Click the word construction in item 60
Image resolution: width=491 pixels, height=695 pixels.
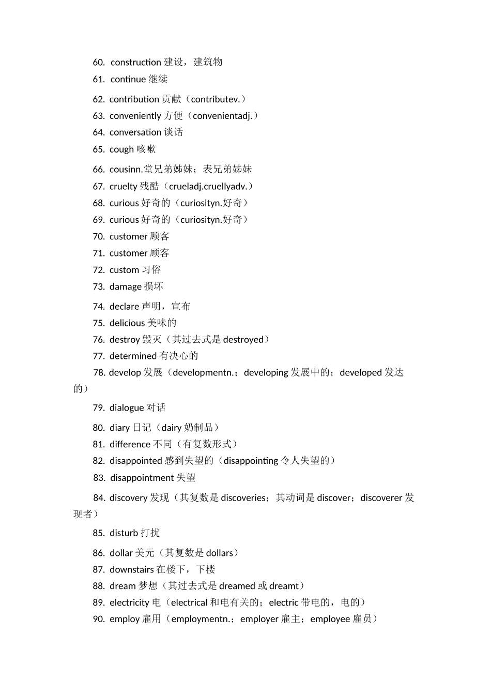135,62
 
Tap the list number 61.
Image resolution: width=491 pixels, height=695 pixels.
99,79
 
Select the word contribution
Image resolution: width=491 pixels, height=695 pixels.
134,99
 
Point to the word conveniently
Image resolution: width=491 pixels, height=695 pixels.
135,116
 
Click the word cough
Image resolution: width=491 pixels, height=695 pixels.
121,149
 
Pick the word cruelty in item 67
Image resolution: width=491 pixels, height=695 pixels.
123,186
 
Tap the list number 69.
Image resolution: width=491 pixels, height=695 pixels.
99,220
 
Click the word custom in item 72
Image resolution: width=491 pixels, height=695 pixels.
125,270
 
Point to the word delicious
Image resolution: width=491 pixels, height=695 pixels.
127,323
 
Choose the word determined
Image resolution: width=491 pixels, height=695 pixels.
133,356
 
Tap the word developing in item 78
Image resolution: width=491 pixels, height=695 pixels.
266,372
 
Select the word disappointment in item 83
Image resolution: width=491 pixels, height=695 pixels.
142,478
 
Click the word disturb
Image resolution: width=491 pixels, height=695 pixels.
124,533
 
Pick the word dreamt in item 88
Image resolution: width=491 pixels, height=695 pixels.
284,586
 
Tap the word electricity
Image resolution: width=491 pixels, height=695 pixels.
129,602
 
